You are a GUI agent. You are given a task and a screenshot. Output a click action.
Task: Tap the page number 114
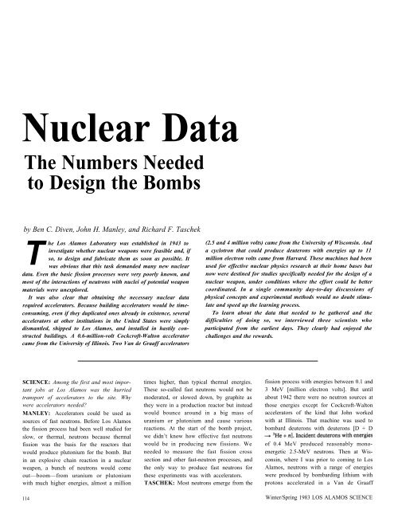click(x=18, y=500)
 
